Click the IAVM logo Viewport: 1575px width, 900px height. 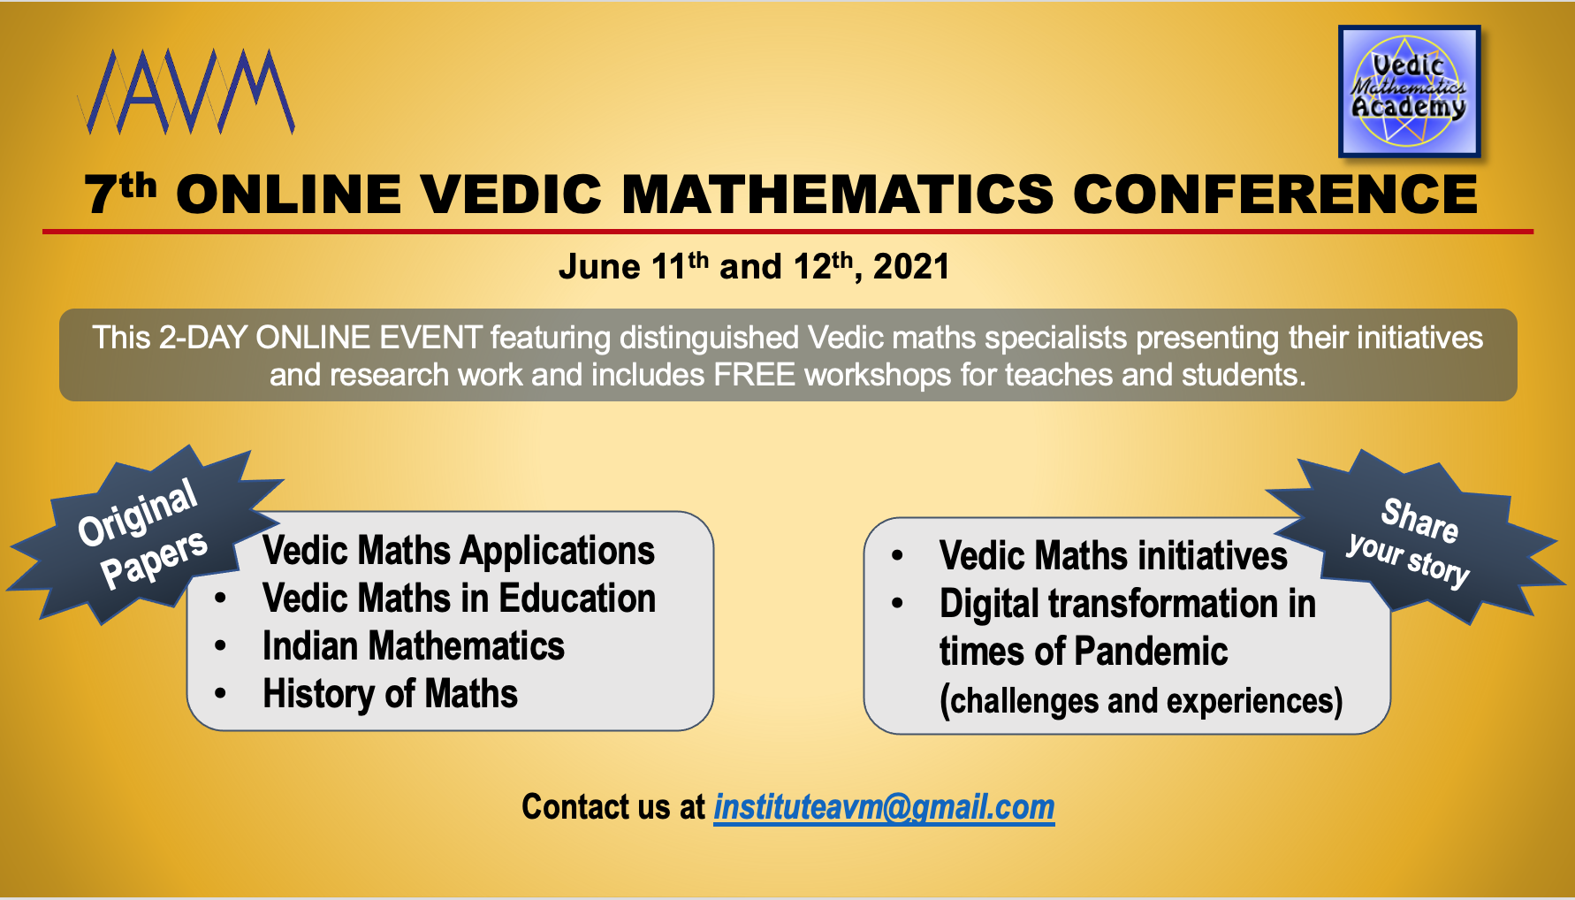tap(186, 91)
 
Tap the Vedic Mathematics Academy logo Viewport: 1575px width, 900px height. tap(1409, 91)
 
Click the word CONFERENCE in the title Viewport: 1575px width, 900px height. tap(1274, 194)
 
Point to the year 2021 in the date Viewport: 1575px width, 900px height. tap(911, 266)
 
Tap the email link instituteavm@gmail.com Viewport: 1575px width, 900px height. tap(884, 807)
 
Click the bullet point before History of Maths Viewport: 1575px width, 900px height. tap(221, 694)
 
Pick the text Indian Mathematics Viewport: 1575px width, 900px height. tap(414, 646)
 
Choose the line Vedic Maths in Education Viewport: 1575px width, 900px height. tap(459, 599)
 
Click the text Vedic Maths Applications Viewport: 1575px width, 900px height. tap(459, 551)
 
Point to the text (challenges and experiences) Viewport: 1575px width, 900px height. tap(1141, 701)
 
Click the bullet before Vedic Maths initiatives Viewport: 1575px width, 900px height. tap(898, 556)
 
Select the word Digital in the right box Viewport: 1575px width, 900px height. tap(989, 605)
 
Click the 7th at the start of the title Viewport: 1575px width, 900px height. tap(120, 192)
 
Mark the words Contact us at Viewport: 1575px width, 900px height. tap(613, 807)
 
